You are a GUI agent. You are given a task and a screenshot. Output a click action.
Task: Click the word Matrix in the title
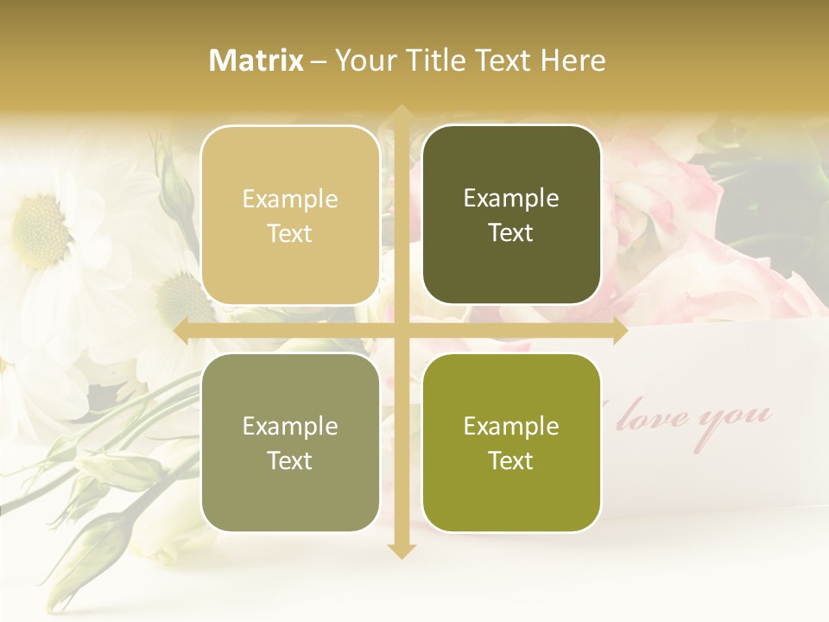pos(256,60)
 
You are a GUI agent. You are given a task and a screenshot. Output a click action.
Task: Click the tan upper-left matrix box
pos(290,215)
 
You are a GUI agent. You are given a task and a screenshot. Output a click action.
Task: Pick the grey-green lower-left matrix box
pos(290,442)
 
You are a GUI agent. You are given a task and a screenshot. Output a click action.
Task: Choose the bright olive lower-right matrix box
pos(511,442)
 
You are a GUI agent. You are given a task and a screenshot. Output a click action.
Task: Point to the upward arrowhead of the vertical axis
pos(401,112)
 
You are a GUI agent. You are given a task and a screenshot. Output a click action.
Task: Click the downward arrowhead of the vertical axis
pos(401,550)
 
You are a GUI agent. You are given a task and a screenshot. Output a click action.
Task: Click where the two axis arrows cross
pos(401,330)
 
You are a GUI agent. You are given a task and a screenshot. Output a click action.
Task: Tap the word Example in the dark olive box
pos(511,198)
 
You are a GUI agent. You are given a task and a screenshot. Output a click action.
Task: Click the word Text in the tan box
pos(290,233)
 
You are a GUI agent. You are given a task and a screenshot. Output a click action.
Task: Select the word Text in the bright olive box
pos(511,460)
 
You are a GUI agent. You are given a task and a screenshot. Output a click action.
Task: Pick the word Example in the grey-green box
pos(290,426)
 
